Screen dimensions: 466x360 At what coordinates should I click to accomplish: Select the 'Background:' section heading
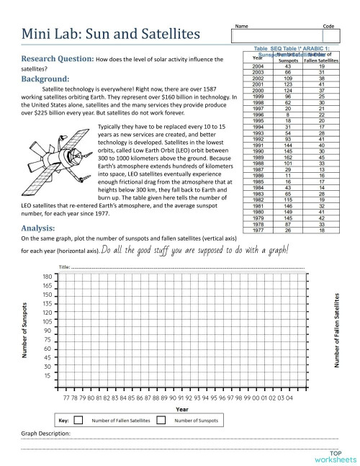pyautogui.click(x=45, y=79)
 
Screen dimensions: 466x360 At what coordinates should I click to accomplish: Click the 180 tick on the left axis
pyautogui.click(x=47, y=276)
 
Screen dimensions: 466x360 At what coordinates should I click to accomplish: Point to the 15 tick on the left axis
pyautogui.click(x=47, y=375)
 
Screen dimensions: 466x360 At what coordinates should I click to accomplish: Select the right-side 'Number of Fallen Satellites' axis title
pyautogui.click(x=336, y=331)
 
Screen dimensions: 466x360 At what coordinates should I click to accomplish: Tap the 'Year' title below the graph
pyautogui.click(x=183, y=408)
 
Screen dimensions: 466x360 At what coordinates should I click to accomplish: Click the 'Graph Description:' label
pyautogui.click(x=45, y=434)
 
